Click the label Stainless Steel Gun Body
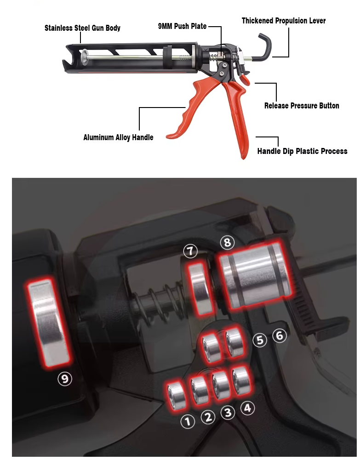(x=82, y=28)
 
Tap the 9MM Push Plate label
(x=182, y=26)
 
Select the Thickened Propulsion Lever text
(x=284, y=21)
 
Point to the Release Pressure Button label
(x=302, y=106)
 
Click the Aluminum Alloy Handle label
(x=118, y=137)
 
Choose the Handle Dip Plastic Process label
(x=302, y=151)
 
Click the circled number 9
(x=65, y=379)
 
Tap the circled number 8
(x=228, y=243)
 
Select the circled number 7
(x=190, y=251)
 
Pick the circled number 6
(x=280, y=335)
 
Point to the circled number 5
(x=260, y=340)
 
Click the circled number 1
(x=188, y=421)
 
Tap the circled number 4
(x=248, y=408)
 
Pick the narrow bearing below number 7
(x=200, y=289)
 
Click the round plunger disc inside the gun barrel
(x=85, y=57)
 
